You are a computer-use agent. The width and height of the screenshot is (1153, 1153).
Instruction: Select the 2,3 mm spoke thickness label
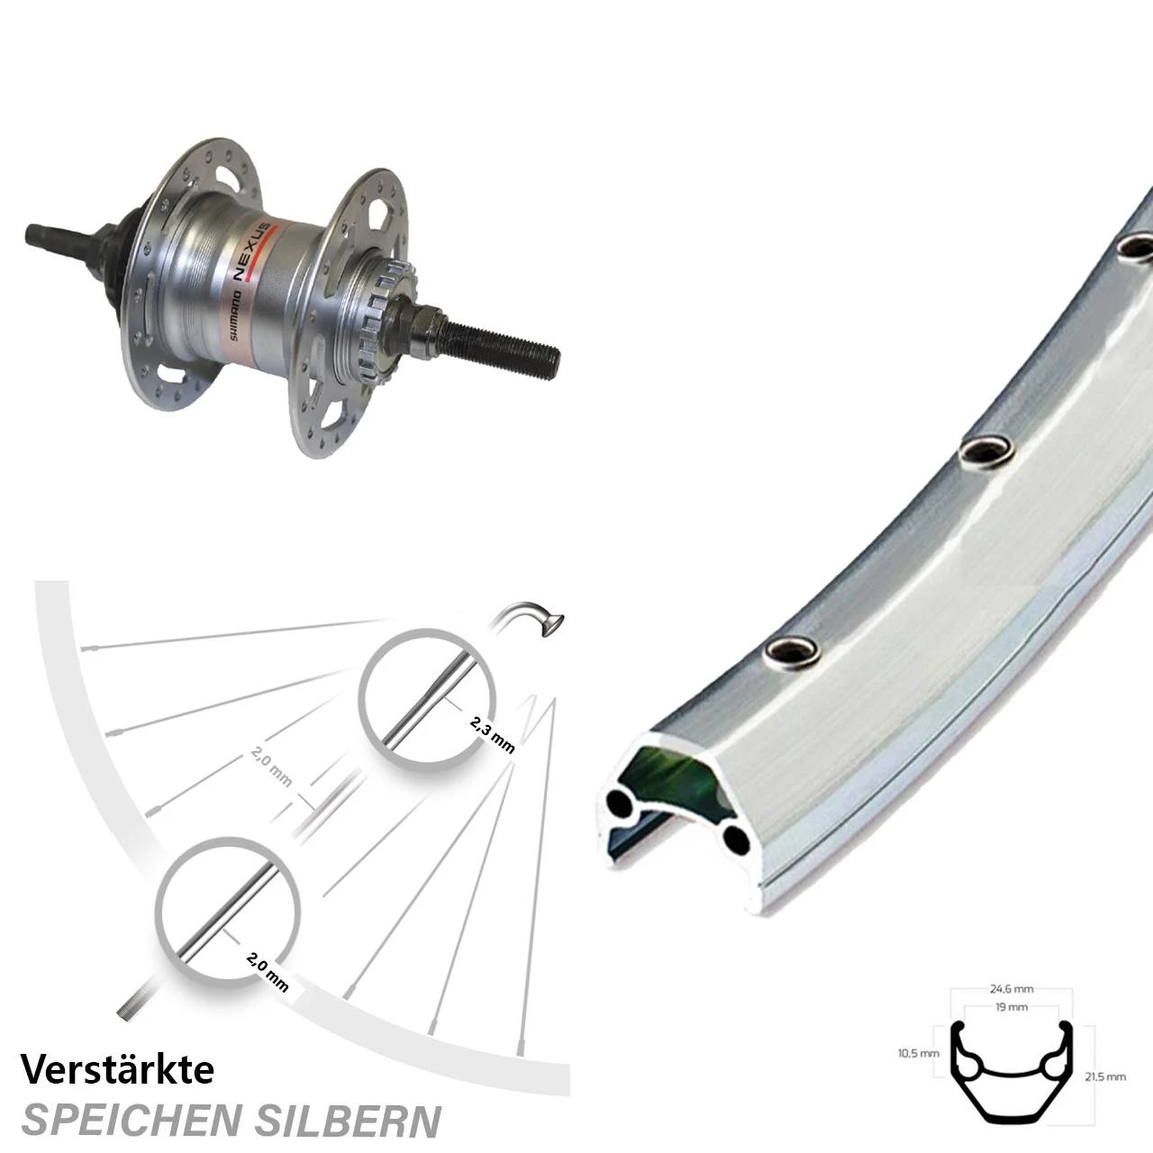[493, 735]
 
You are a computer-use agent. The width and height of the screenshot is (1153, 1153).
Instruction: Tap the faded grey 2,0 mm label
[272, 766]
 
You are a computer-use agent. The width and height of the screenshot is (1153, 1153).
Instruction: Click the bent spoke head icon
[531, 619]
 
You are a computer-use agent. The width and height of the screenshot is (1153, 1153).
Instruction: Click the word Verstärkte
[117, 1069]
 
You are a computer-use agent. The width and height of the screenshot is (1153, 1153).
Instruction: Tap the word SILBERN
[353, 1120]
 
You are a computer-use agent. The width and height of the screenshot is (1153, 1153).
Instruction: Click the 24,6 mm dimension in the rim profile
[1011, 989]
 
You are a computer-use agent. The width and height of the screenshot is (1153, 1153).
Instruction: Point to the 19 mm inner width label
[1012, 1007]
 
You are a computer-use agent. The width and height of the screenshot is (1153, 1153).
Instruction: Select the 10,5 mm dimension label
[919, 1052]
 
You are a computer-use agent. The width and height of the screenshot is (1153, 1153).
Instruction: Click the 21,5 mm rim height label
[1105, 1077]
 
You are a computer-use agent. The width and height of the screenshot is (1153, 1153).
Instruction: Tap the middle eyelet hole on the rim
[986, 453]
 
